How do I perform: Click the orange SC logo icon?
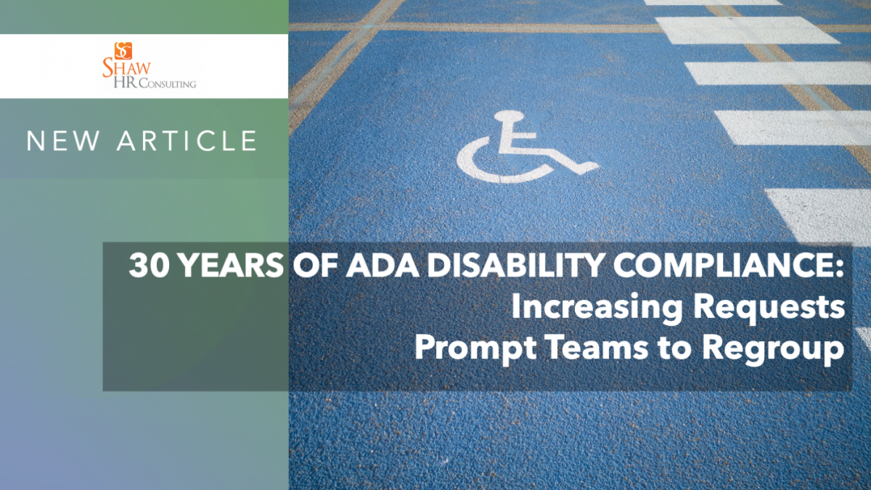123,51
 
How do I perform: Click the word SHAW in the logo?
126,68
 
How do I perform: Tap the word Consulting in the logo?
168,83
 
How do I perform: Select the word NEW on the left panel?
63,140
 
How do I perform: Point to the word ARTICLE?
187,140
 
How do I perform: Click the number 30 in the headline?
149,266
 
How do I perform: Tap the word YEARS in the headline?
232,266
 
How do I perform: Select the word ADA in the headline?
383,266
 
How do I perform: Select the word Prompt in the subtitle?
476,349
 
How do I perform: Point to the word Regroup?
773,349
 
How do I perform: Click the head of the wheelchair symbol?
509,116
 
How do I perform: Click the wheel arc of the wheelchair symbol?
482,171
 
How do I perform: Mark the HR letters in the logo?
125,83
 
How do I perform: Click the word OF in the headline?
314,266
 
